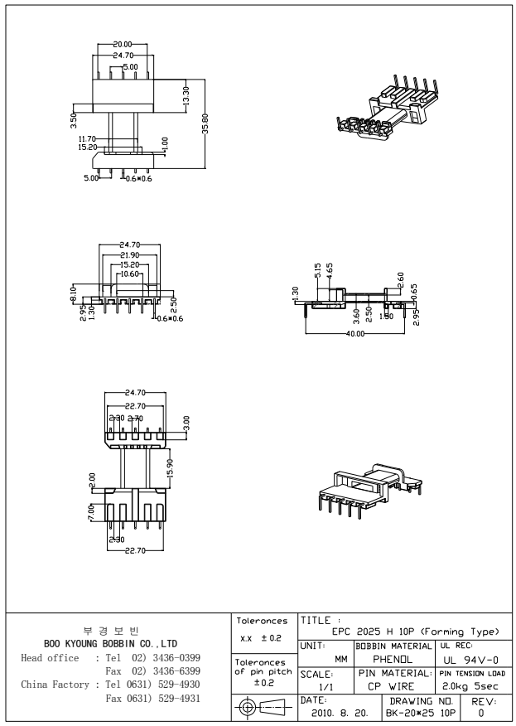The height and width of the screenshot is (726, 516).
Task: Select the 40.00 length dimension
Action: coord(356,332)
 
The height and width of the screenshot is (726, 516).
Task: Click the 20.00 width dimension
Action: coord(123,44)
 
